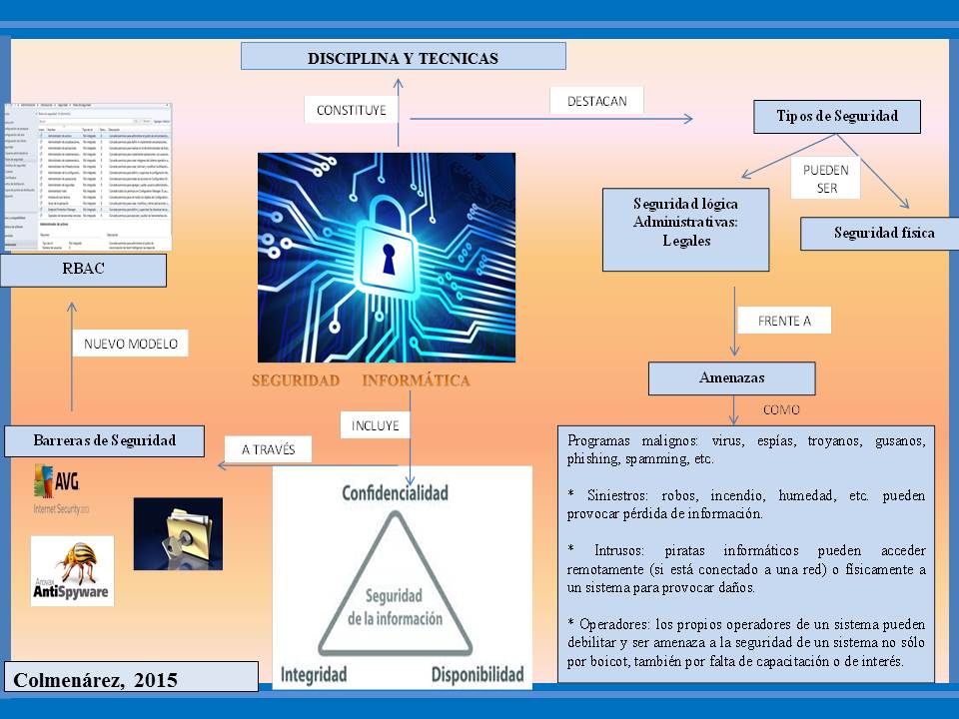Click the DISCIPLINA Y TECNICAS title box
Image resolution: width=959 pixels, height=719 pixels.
(x=403, y=57)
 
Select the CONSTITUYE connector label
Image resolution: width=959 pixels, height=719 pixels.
(x=351, y=110)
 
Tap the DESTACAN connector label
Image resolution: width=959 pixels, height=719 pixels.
(x=596, y=101)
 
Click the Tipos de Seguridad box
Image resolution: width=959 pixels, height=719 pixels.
(x=836, y=116)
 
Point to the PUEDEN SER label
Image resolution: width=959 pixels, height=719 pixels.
(x=825, y=179)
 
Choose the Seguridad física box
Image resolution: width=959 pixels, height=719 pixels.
(x=883, y=234)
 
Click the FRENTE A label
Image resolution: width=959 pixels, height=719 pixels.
(x=784, y=321)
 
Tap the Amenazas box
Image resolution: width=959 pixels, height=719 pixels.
(x=731, y=378)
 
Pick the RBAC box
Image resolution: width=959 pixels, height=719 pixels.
(x=83, y=269)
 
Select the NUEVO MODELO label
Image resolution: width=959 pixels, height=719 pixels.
(x=130, y=344)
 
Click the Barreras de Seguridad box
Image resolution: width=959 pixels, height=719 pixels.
(x=104, y=440)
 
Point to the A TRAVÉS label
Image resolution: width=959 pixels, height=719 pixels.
(x=268, y=449)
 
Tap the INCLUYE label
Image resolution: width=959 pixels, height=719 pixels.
(x=375, y=425)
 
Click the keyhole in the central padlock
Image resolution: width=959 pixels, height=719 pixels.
(x=388, y=257)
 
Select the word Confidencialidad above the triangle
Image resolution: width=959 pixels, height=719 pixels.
(x=395, y=493)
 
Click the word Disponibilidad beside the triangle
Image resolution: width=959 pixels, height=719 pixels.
(x=478, y=675)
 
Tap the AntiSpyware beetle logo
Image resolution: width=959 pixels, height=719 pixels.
(x=72, y=570)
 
